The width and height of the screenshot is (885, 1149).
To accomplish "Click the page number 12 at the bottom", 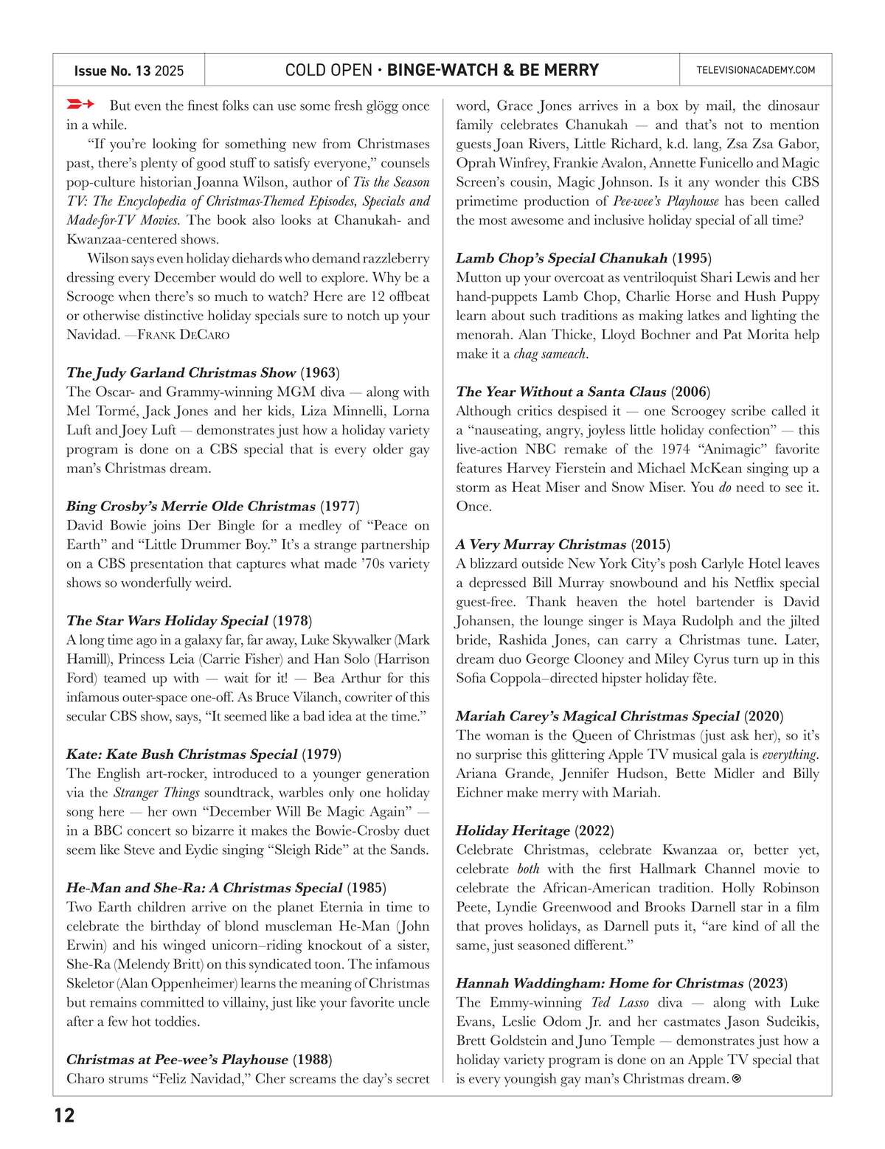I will pos(65,1114).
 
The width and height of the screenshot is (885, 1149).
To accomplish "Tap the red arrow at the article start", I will pos(80,104).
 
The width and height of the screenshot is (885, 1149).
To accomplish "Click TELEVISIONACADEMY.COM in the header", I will pos(755,70).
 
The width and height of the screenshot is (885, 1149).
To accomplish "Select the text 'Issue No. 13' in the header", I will pos(112,71).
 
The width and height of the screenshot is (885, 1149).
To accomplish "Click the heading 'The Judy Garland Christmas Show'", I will pos(181,372).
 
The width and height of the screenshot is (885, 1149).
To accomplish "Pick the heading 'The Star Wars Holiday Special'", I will pos(167,620).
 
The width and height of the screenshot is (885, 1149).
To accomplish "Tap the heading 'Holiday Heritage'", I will pos(513,830).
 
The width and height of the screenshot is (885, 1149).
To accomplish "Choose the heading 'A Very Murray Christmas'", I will pos(541,544).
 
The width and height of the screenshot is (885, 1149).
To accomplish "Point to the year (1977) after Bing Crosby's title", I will pos(339,506).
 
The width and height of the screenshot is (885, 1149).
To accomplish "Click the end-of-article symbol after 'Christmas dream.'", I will pos(736,1079).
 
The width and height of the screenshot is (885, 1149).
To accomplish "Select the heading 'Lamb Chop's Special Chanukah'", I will pos(561,258).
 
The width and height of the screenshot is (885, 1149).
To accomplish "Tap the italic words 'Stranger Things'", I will pos(156,793).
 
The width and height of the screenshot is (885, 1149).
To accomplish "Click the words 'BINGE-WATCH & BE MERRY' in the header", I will pos(493,70).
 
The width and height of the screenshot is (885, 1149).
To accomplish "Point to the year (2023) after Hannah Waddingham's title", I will pos(768,983).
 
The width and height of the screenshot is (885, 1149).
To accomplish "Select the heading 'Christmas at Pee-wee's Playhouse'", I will pos(177,1060).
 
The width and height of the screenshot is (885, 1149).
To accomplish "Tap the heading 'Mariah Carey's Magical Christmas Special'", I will pos(597,716).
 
